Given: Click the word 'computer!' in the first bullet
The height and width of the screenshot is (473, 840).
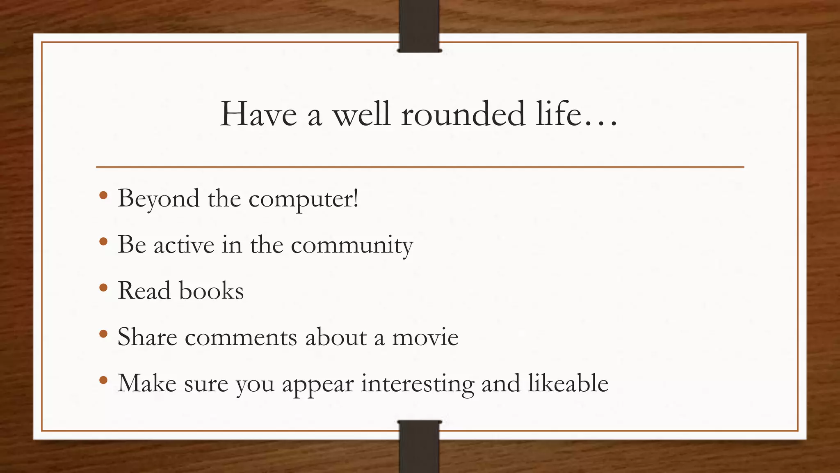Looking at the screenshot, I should [304, 199].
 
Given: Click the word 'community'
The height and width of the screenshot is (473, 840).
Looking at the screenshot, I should [352, 246].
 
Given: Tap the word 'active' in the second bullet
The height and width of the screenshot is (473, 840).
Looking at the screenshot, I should [184, 246].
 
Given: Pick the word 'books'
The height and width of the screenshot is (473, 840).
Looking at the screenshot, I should [211, 291].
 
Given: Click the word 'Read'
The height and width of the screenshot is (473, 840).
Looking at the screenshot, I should [144, 291].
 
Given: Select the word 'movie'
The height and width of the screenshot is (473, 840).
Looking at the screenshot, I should [425, 338].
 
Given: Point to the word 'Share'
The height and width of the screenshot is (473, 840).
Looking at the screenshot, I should [147, 338].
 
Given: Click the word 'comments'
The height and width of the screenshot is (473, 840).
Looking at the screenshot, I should [241, 338].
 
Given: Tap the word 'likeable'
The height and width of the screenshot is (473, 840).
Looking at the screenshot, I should [568, 383].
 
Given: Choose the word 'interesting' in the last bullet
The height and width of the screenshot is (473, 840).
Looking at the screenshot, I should [417, 383].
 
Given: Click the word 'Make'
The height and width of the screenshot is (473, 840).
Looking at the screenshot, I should [147, 383].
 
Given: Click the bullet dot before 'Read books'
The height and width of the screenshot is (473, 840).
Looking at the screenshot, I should [103, 288].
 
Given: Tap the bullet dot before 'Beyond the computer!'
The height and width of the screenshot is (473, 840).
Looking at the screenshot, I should [103, 195].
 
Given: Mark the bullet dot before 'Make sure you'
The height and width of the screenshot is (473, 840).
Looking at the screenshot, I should [103, 380].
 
